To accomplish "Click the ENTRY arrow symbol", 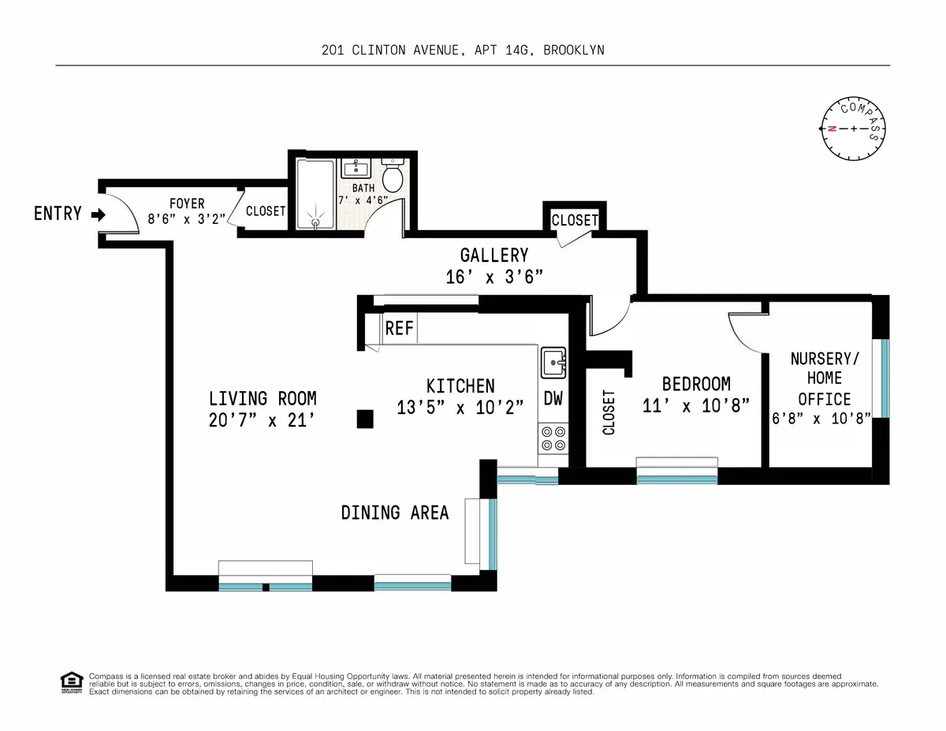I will click(98, 214).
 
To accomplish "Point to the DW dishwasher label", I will click(553, 399).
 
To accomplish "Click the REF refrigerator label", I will click(400, 328).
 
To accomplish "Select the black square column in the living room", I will click(364, 419).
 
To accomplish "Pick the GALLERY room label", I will click(493, 255).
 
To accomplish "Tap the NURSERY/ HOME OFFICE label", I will click(825, 379).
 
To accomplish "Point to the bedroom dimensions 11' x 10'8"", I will click(696, 408).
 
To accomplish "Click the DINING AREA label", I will click(395, 513).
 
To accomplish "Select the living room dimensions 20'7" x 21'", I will click(263, 420).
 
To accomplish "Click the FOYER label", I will click(187, 203).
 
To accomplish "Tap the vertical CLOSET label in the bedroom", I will click(609, 412).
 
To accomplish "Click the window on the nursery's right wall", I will click(885, 378).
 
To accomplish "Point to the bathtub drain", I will click(316, 222).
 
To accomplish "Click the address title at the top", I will click(463, 50).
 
